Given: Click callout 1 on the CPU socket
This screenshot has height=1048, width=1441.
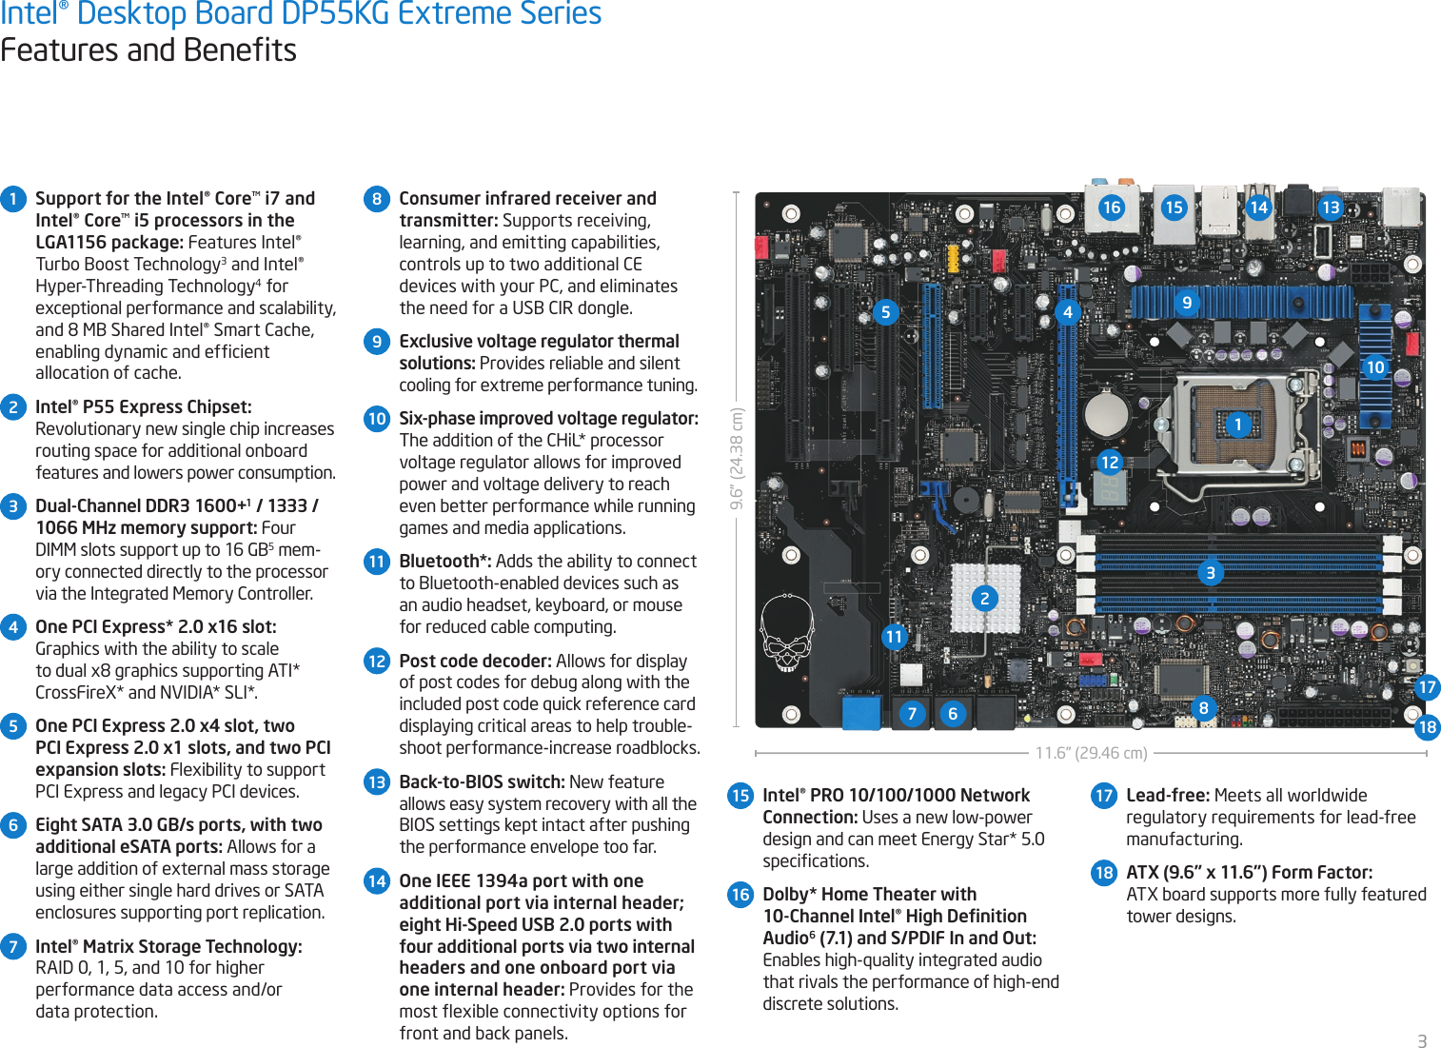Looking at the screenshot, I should (x=1237, y=424).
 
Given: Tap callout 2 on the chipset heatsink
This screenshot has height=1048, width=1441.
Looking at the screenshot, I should (x=985, y=598).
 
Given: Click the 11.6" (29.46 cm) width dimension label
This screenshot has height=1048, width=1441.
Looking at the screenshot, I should (x=1091, y=753).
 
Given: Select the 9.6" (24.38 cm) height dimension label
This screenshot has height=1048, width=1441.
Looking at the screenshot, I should (x=737, y=458).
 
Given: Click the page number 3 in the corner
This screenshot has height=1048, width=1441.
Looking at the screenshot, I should (x=1422, y=1040).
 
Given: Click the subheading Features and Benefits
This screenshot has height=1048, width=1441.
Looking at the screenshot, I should (x=148, y=49).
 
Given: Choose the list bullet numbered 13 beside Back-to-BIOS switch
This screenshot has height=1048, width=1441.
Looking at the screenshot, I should (x=377, y=781).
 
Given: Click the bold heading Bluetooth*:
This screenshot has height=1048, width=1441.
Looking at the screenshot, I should (x=444, y=561).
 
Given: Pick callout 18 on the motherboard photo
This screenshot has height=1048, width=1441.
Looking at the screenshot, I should (x=1427, y=727).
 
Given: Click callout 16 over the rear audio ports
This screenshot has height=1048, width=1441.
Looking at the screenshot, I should (x=1111, y=208).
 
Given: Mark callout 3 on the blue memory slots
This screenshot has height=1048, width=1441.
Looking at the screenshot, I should (x=1211, y=572).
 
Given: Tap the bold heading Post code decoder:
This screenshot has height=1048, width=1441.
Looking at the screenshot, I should (x=475, y=661).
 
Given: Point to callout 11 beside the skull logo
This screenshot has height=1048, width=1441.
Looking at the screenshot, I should (x=894, y=636).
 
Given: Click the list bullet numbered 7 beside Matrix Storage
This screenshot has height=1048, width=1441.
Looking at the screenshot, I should (x=13, y=946).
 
